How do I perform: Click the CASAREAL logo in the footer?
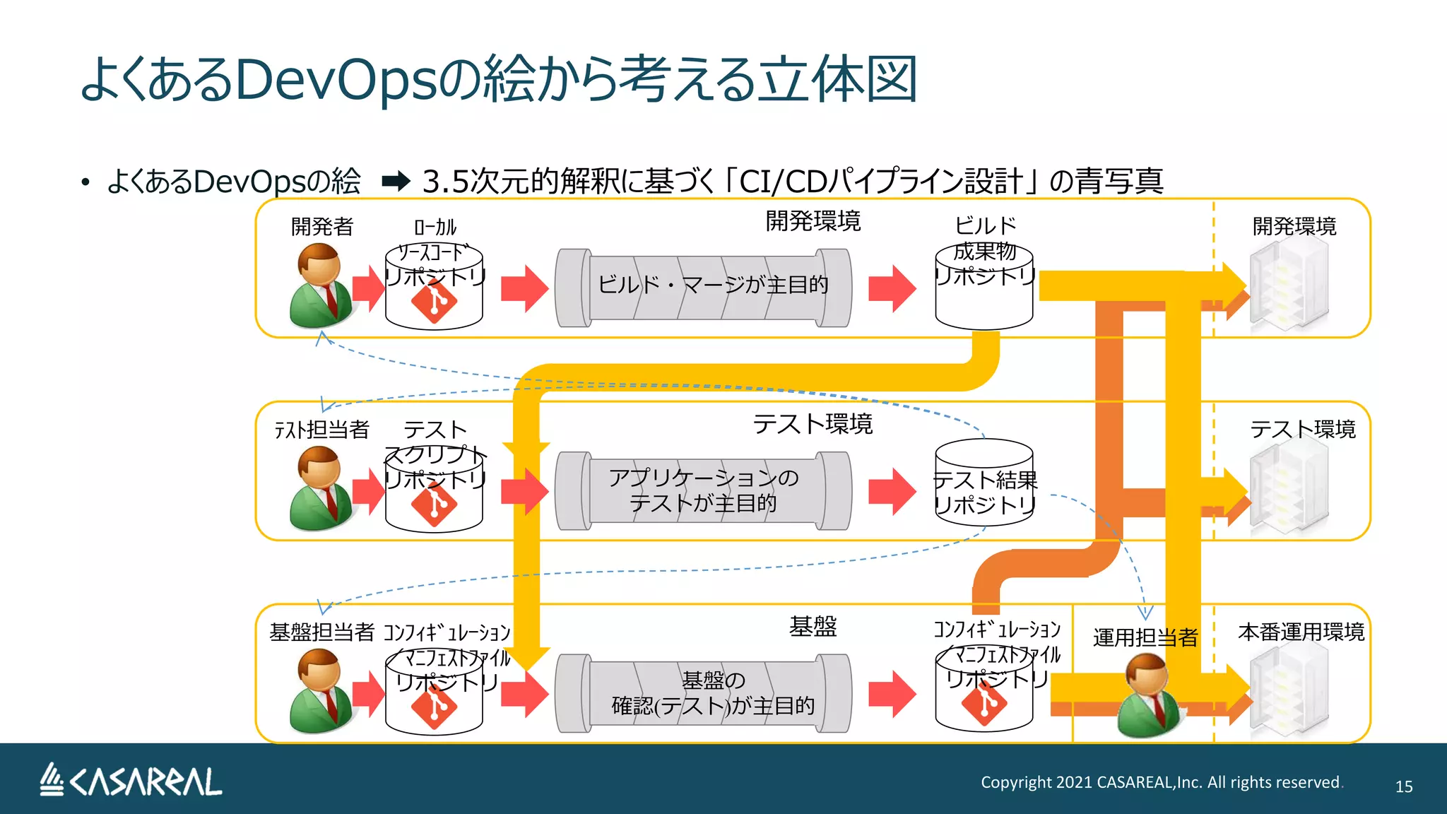click(131, 781)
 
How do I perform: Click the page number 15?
click(1403, 786)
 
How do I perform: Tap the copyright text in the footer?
click(1160, 782)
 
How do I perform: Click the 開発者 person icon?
click(320, 285)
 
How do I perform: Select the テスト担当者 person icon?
click(320, 488)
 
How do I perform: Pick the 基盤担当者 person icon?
click(320, 691)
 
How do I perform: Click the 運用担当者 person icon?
click(1149, 695)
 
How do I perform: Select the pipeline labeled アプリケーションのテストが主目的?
click(703, 490)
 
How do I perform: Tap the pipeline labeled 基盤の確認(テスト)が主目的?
click(703, 693)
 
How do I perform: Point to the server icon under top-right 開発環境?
click(1289, 285)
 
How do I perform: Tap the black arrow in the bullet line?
click(396, 182)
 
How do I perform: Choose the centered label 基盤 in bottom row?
click(813, 626)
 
